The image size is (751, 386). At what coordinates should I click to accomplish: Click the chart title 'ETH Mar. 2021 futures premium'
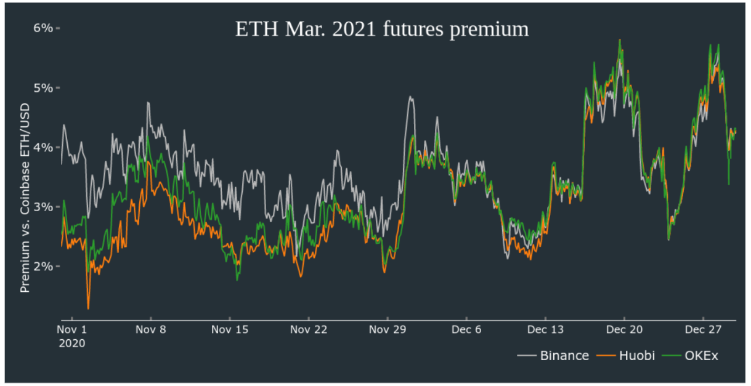(382, 30)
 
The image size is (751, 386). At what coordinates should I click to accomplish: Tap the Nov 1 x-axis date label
(72, 330)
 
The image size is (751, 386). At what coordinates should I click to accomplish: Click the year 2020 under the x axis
(72, 343)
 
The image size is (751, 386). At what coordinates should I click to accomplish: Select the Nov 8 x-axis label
(150, 330)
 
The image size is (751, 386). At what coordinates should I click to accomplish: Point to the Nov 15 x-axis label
(230, 330)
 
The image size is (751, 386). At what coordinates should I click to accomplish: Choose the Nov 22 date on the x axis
(309, 330)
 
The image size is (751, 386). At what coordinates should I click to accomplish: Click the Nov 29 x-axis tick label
(388, 330)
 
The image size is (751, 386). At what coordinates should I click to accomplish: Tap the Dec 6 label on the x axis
(466, 330)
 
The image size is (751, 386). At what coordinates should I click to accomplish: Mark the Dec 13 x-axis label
(545, 330)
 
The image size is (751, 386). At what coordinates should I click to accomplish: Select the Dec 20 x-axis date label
(624, 330)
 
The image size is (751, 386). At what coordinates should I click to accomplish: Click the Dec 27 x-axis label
(703, 330)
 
